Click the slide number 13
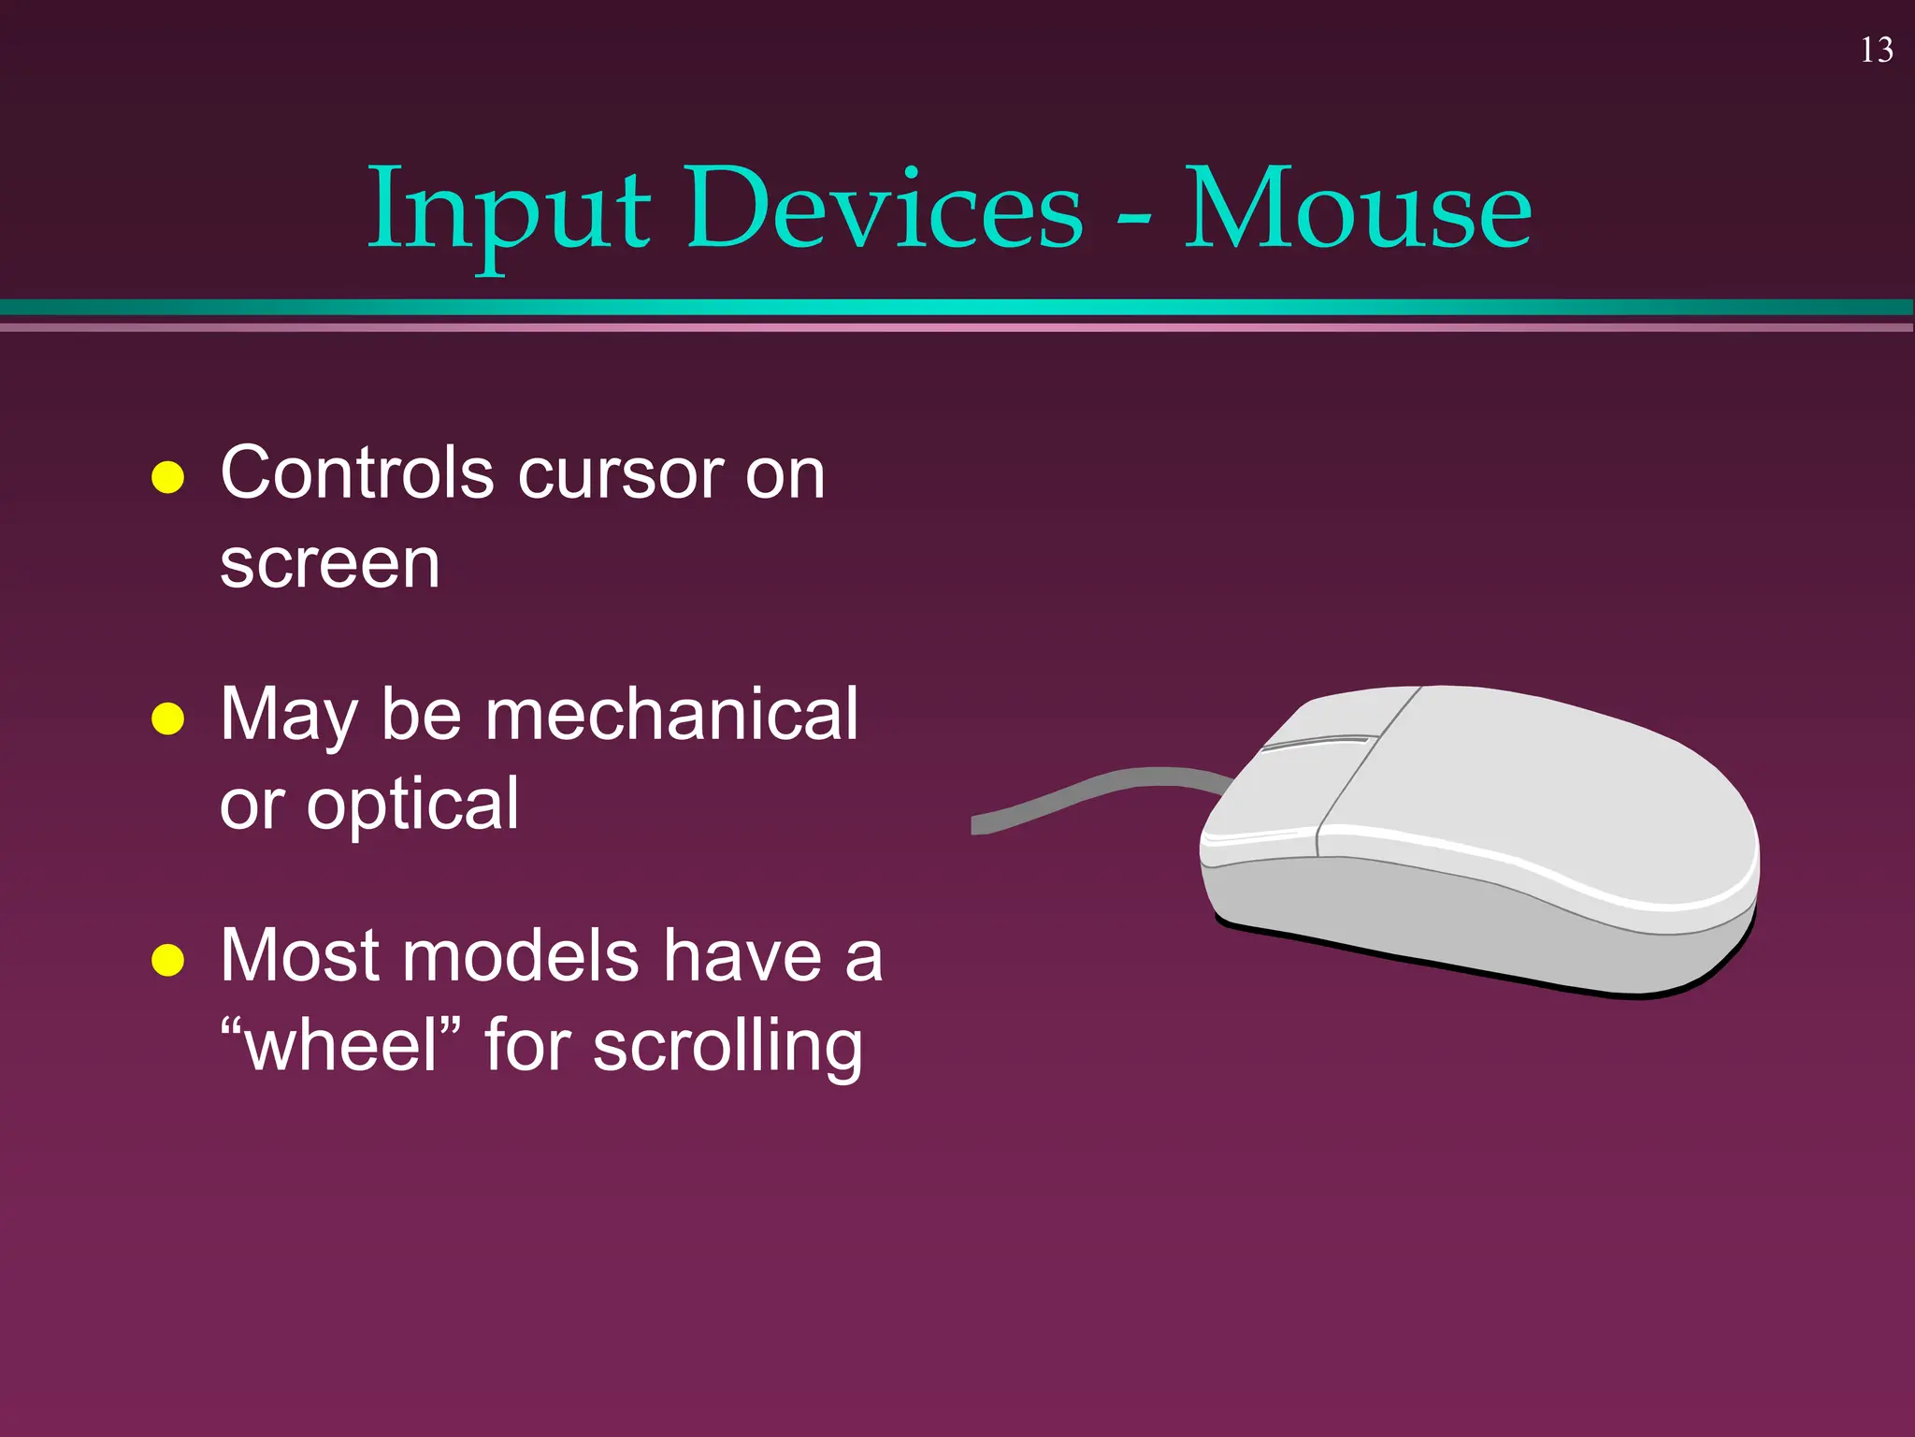tap(1877, 51)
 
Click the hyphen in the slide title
tap(1133, 218)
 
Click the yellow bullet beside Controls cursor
tap(168, 477)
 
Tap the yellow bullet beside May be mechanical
tap(168, 718)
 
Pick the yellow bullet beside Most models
tap(168, 960)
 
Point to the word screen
tap(329, 565)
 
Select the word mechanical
tap(670, 715)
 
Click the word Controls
tap(356, 473)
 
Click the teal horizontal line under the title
tap(957, 307)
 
